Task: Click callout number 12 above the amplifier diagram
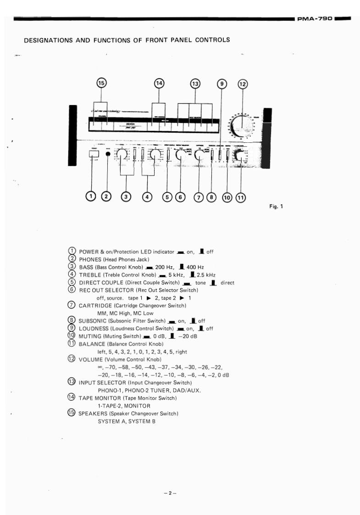pyautogui.click(x=242, y=84)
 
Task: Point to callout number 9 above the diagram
pyautogui.click(x=222, y=84)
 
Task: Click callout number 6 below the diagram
pyautogui.click(x=180, y=197)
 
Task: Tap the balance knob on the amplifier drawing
pyautogui.click(x=239, y=156)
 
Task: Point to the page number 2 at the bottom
pyautogui.click(x=169, y=493)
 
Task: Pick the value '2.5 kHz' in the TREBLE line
pyautogui.click(x=199, y=274)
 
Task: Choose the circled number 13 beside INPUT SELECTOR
pyautogui.click(x=72, y=382)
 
